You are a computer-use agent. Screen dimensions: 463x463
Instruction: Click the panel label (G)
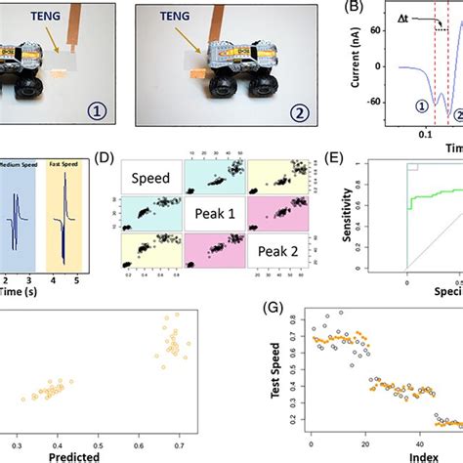click(276, 311)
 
